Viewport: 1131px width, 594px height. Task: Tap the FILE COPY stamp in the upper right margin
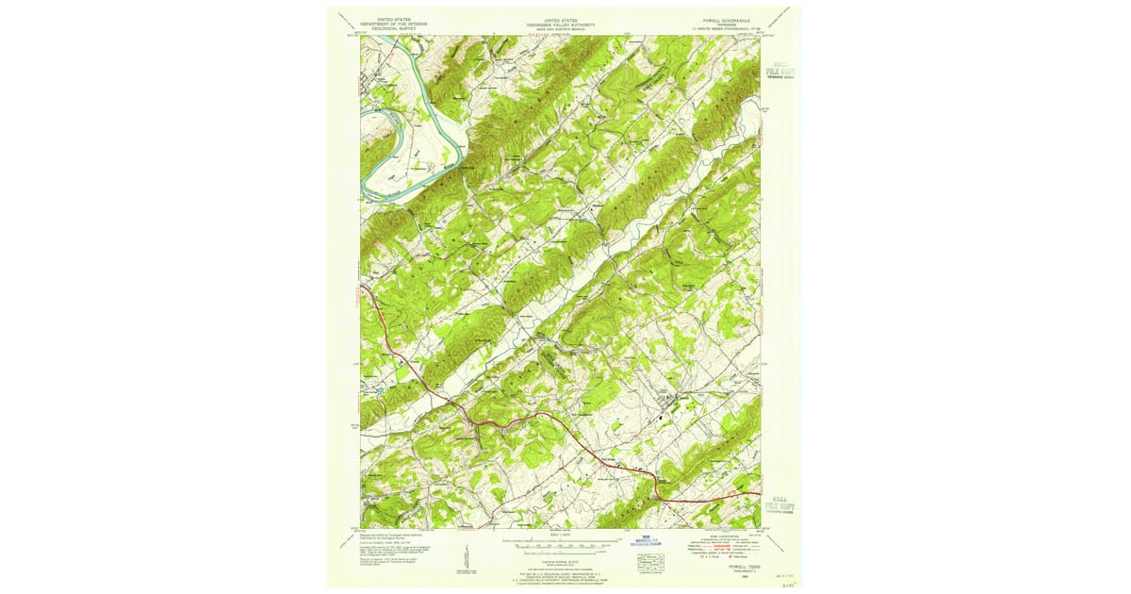[779, 70]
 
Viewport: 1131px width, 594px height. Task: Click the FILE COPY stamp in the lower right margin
[779, 507]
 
